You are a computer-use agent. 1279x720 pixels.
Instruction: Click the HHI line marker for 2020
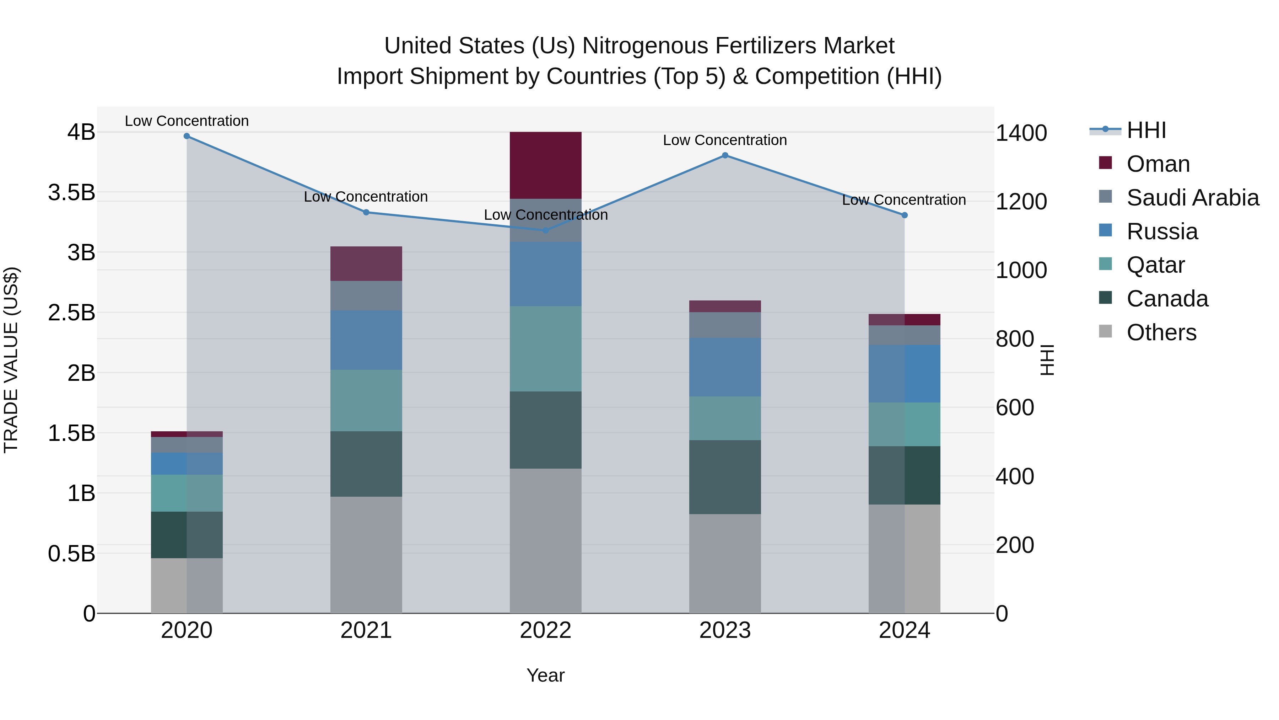click(x=187, y=136)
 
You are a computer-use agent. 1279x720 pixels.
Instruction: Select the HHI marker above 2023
click(x=725, y=155)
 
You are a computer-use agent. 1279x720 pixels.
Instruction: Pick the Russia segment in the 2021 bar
click(x=366, y=340)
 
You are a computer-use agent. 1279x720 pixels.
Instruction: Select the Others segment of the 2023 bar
click(x=725, y=564)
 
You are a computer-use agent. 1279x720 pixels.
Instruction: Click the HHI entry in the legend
click(x=1146, y=130)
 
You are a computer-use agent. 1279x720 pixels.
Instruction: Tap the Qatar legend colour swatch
click(x=1106, y=264)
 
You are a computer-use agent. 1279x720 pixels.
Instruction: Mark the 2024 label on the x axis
click(x=904, y=630)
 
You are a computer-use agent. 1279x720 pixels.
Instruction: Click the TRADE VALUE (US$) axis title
click(x=11, y=360)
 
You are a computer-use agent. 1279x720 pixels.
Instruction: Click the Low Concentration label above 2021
click(x=366, y=197)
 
